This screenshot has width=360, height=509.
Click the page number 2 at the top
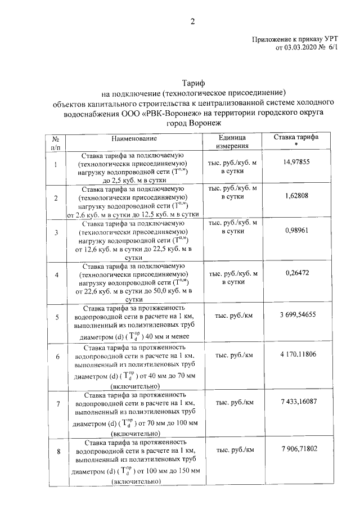(192, 22)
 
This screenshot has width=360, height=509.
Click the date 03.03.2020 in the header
(303, 48)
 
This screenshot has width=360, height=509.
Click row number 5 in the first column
(56, 318)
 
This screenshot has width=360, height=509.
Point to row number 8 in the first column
(56, 451)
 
